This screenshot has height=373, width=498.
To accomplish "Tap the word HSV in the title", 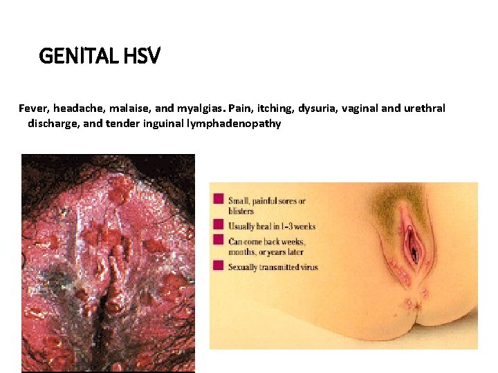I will [x=143, y=55].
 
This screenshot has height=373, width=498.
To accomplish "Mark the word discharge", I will [x=51, y=124].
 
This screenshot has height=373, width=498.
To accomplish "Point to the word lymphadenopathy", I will [x=236, y=124].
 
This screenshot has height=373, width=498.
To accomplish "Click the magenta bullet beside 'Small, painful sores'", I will [x=219, y=199].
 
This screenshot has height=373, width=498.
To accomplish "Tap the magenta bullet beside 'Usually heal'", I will [x=219, y=224].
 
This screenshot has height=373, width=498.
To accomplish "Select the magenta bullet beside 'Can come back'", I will [x=219, y=240].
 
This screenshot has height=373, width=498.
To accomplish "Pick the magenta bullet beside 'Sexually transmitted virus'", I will [x=219, y=265].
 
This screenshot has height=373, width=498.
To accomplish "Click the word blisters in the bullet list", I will [x=241, y=211].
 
